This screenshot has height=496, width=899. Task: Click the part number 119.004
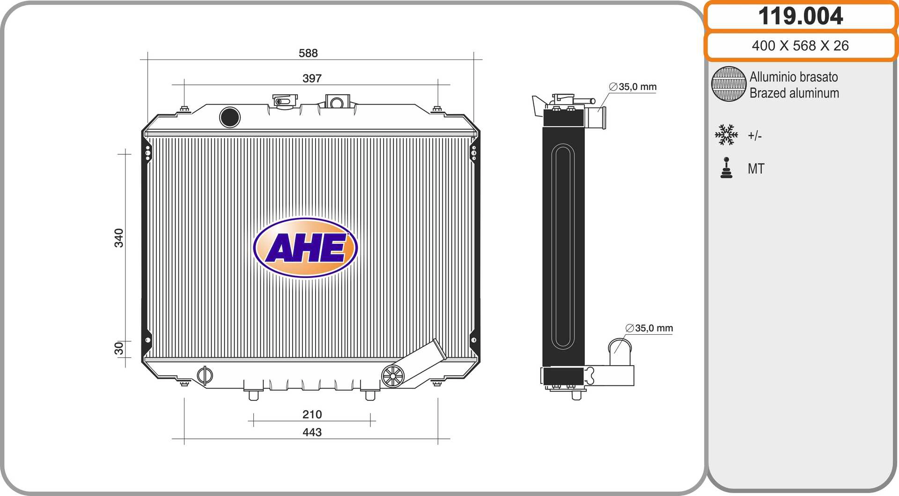coord(801,16)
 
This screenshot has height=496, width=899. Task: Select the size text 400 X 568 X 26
coord(800,45)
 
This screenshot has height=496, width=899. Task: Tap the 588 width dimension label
coord(308,53)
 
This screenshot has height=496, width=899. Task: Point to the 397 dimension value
coord(312,78)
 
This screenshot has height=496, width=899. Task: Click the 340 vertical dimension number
coord(119,238)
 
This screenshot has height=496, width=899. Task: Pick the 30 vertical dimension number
coord(119,348)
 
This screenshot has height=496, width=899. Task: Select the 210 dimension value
coord(312,414)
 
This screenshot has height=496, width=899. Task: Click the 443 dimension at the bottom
coord(312,432)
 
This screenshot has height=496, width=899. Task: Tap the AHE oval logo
coord(305,248)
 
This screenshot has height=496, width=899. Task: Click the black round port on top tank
coord(230,117)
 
